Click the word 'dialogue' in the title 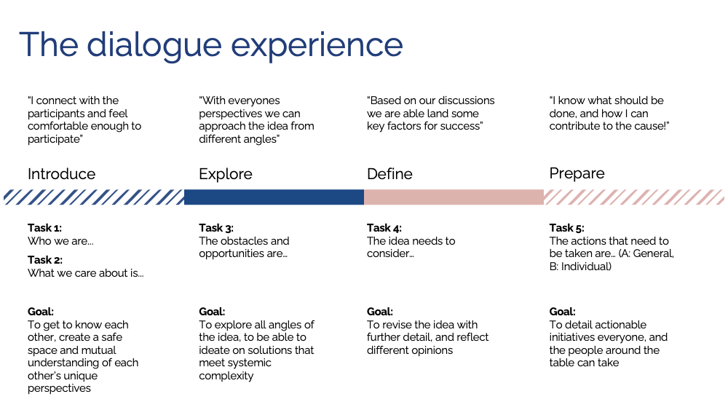pyautogui.click(x=154, y=46)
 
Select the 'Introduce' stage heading pyautogui.click(x=61, y=174)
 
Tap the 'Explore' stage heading pyautogui.click(x=226, y=175)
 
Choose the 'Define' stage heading pyautogui.click(x=389, y=174)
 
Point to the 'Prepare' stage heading pyautogui.click(x=577, y=173)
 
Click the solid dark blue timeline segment pyautogui.click(x=274, y=197)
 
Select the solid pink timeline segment pyautogui.click(x=454, y=197)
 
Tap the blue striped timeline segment pyautogui.click(x=94, y=197)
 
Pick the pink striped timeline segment pyautogui.click(x=634, y=197)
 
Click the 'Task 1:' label pyautogui.click(x=44, y=228)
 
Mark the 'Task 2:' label pyautogui.click(x=45, y=260)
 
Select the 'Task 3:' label pyautogui.click(x=216, y=228)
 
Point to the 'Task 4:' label pyautogui.click(x=384, y=228)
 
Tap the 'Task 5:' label pyautogui.click(x=567, y=228)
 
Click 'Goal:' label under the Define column pyautogui.click(x=380, y=312)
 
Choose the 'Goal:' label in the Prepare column pyautogui.click(x=562, y=312)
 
